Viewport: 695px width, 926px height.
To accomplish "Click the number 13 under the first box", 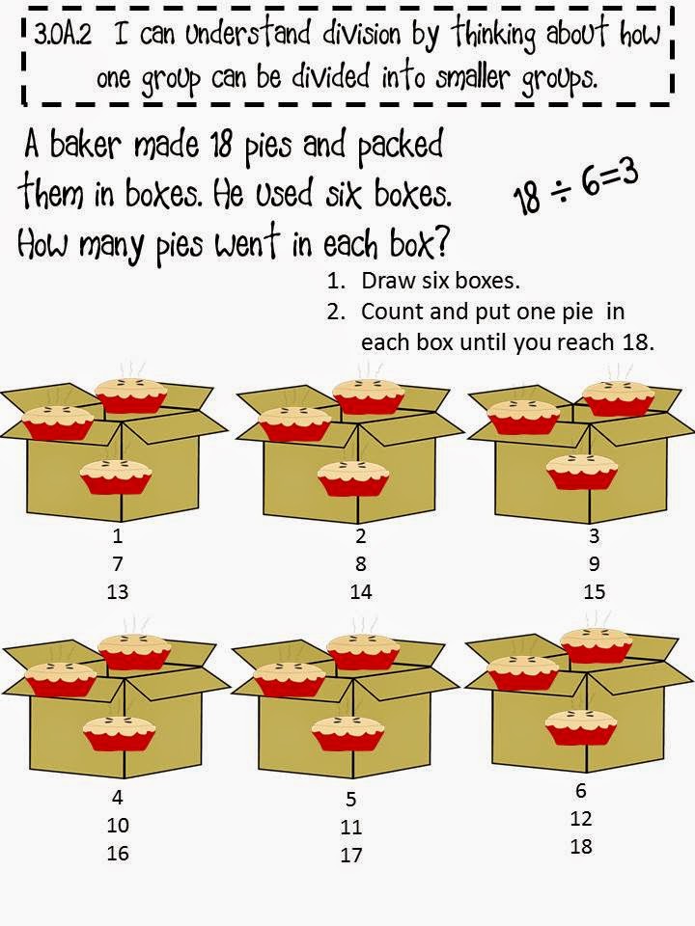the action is coord(118,591).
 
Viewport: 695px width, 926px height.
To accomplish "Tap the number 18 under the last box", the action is coord(581,846).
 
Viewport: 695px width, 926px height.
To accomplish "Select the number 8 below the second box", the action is coord(360,563).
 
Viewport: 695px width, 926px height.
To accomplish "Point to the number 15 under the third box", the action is coord(594,591).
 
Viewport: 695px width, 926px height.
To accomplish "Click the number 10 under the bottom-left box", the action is coord(118,825).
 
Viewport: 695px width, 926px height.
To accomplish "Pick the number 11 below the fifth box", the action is coord(351,827).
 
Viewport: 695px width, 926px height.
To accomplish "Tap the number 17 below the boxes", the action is coord(351,855).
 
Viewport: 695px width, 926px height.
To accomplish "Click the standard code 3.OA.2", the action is coord(62,36).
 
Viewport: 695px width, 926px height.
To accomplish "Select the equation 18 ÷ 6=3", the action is coord(576,188).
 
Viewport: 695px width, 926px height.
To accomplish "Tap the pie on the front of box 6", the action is coord(581,727).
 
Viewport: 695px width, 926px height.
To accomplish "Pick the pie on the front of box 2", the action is coord(353,477).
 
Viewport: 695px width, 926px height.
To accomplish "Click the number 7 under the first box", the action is coord(118,563).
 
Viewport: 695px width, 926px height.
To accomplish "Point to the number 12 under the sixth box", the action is coord(581,818).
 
